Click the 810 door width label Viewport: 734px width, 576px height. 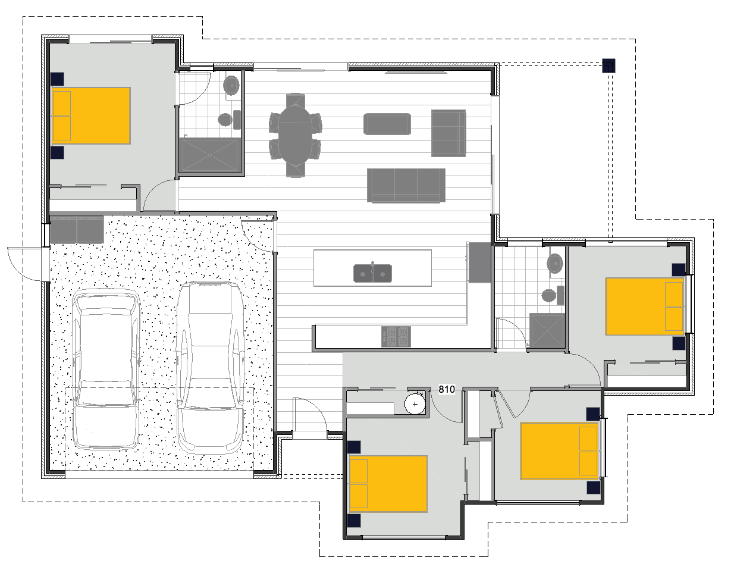[447, 390]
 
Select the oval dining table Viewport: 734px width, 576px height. [296, 134]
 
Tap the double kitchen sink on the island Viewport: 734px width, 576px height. [373, 273]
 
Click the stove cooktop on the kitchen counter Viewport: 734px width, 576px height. [396, 337]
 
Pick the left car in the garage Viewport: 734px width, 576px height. [105, 369]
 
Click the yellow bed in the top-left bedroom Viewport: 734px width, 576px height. [91, 115]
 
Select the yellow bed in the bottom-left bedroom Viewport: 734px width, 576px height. [388, 484]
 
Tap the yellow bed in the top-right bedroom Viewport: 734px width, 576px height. [645, 306]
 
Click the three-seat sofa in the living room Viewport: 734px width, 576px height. [406, 185]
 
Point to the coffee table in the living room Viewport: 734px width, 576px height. [387, 124]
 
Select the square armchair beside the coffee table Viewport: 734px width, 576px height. [448, 133]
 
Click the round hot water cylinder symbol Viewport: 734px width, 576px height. [415, 404]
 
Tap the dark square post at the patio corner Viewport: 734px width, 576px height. [609, 65]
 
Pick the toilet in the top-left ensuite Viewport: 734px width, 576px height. [225, 120]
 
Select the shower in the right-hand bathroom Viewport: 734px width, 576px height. [547, 330]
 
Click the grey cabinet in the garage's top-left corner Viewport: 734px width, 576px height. [77, 230]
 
